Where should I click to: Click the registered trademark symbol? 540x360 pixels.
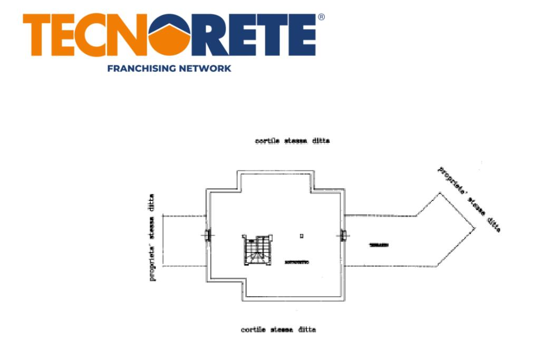pyautogui.click(x=321, y=17)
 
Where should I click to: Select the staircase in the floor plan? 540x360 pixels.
pyautogui.click(x=257, y=250)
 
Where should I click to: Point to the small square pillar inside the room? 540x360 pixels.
pyautogui.click(x=301, y=236)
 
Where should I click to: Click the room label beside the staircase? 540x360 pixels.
pyautogui.click(x=296, y=262)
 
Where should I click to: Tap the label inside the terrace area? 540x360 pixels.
pyautogui.click(x=379, y=246)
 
